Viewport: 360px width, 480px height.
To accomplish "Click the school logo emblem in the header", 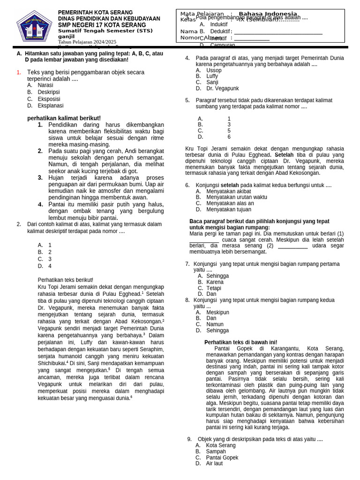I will (34, 27).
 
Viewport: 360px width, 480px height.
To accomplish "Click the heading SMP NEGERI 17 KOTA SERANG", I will (102, 25).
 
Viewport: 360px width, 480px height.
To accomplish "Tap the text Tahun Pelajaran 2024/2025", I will (87, 42).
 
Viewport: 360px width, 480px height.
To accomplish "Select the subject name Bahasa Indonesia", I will (268, 14).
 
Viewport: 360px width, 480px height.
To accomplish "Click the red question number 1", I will (19, 72).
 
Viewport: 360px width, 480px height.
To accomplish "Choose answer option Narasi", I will (45, 85).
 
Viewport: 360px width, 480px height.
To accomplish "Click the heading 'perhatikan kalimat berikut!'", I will (64, 118).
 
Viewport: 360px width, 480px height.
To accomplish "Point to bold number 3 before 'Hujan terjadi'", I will (40, 178).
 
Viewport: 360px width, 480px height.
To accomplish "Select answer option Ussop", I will (214, 70).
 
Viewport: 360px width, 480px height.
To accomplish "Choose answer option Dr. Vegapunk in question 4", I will (222, 88).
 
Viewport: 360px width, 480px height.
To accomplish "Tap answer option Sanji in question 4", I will (212, 82).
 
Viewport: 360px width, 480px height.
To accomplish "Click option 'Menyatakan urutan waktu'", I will (236, 197).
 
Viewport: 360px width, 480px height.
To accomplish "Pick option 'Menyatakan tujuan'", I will (229, 210).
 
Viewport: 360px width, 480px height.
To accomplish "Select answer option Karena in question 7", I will (215, 282).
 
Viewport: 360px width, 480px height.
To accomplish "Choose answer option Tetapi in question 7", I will (214, 288).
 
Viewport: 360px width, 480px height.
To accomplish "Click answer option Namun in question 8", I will (215, 324).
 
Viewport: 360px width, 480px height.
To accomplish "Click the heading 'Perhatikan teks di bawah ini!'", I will (240, 342).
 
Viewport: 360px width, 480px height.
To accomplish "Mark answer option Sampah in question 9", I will (216, 451).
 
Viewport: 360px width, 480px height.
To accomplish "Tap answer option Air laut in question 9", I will (214, 464).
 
